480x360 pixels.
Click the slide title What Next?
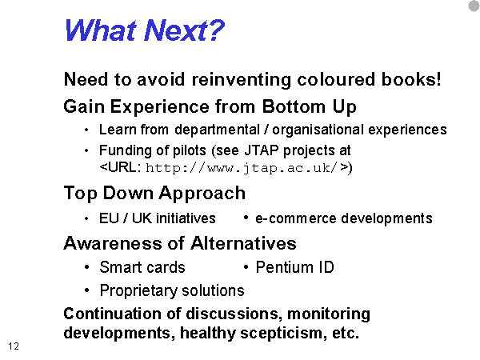145,30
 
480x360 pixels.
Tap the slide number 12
14,346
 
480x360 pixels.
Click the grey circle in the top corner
474,6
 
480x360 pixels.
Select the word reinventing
242,80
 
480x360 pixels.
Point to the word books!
411,79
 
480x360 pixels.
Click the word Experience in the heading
160,107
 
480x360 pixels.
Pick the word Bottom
294,106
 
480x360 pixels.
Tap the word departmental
218,130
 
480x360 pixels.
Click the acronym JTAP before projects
262,150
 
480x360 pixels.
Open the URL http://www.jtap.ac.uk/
242,168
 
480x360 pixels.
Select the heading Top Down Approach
154,194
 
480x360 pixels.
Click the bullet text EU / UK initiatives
158,218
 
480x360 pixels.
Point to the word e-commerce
296,218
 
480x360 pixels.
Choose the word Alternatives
243,243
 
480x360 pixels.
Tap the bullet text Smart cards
142,267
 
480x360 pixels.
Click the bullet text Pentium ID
294,267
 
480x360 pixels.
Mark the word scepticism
282,333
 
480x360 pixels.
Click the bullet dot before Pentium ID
246,267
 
